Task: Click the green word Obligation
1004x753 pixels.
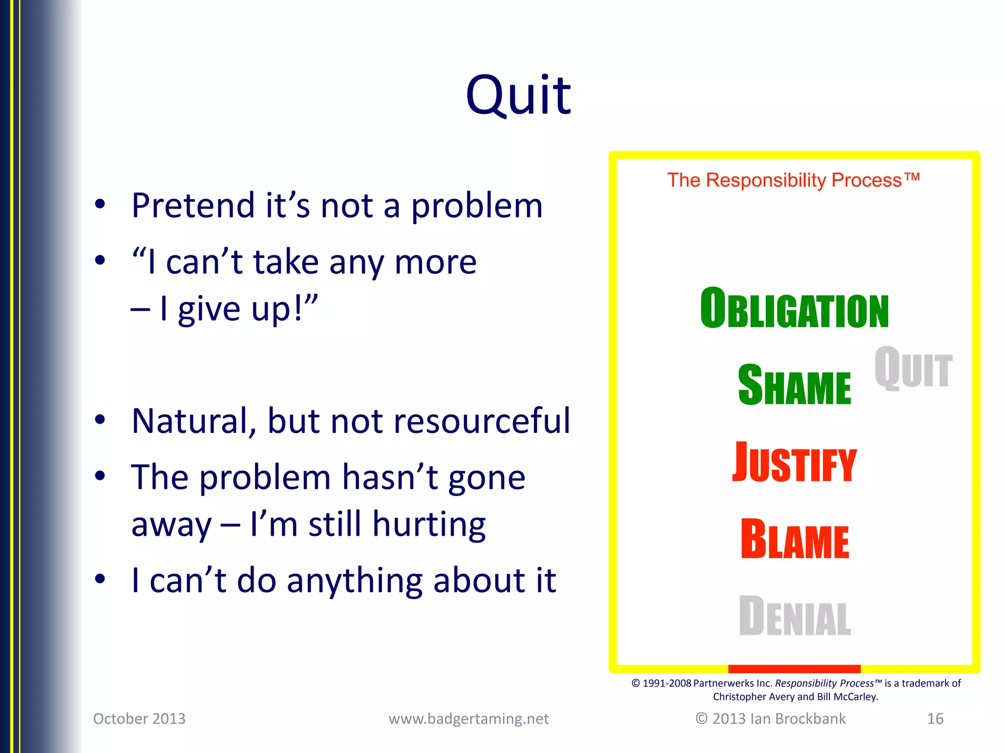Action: tap(794, 309)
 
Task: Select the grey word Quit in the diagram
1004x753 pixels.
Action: tap(913, 368)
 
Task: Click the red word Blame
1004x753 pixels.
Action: tap(794, 539)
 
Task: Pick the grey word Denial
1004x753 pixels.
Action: tap(794, 616)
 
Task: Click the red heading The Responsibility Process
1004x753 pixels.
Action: tap(793, 180)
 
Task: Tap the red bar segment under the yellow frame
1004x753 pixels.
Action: tap(794, 669)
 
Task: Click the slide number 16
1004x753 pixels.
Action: tap(935, 719)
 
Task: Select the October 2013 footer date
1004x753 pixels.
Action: tap(139, 719)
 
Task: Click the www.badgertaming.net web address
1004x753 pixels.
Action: tap(469, 719)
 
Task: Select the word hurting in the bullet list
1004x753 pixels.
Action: tap(428, 525)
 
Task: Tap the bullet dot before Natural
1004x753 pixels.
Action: tap(100, 420)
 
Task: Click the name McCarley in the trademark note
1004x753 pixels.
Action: tap(855, 697)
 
